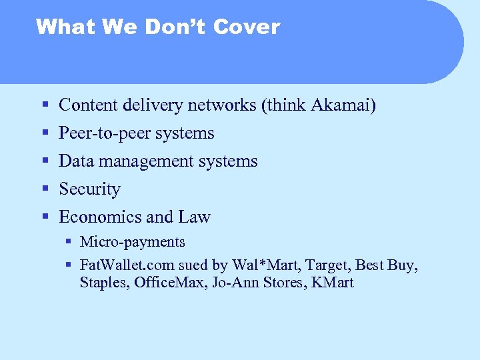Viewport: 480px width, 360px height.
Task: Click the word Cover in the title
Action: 247,27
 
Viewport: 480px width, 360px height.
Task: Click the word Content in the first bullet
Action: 84,105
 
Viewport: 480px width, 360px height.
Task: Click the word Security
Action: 89,189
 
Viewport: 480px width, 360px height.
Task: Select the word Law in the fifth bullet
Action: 194,217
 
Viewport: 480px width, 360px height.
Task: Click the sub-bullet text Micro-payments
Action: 132,242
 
